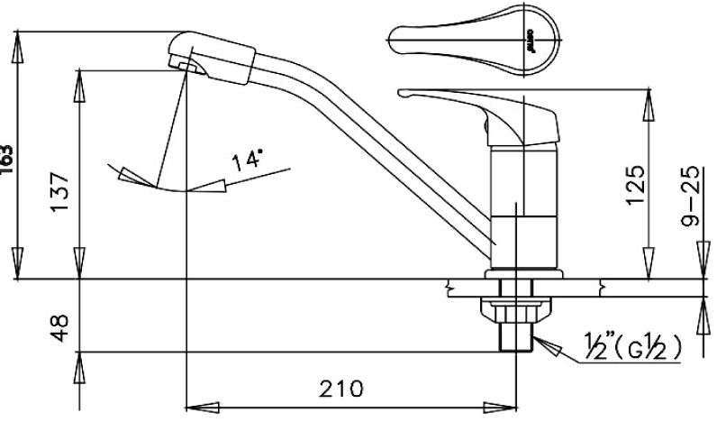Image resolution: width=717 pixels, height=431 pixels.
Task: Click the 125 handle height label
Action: [637, 184]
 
